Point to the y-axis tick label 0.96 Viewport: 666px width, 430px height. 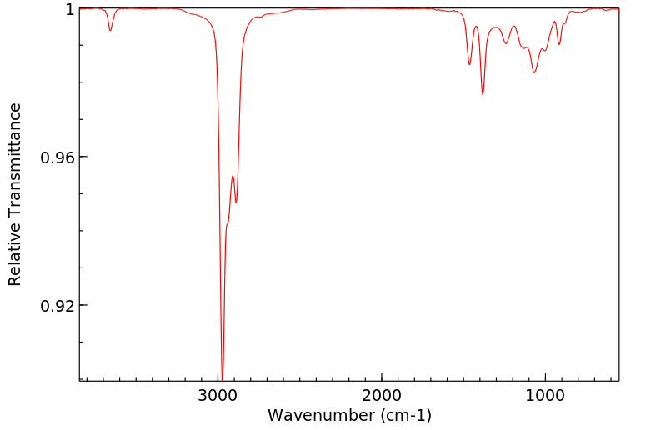click(57, 157)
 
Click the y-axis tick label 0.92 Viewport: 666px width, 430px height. click(57, 305)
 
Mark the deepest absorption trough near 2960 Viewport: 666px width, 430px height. click(222, 377)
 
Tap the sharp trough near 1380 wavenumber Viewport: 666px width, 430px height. click(483, 94)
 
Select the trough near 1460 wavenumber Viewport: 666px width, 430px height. click(469, 64)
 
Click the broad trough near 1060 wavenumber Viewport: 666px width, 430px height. click(535, 72)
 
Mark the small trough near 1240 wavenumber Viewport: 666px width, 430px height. click(506, 43)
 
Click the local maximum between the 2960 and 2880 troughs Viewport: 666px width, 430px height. click(233, 176)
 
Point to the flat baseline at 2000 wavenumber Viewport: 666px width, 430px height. click(382, 8)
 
